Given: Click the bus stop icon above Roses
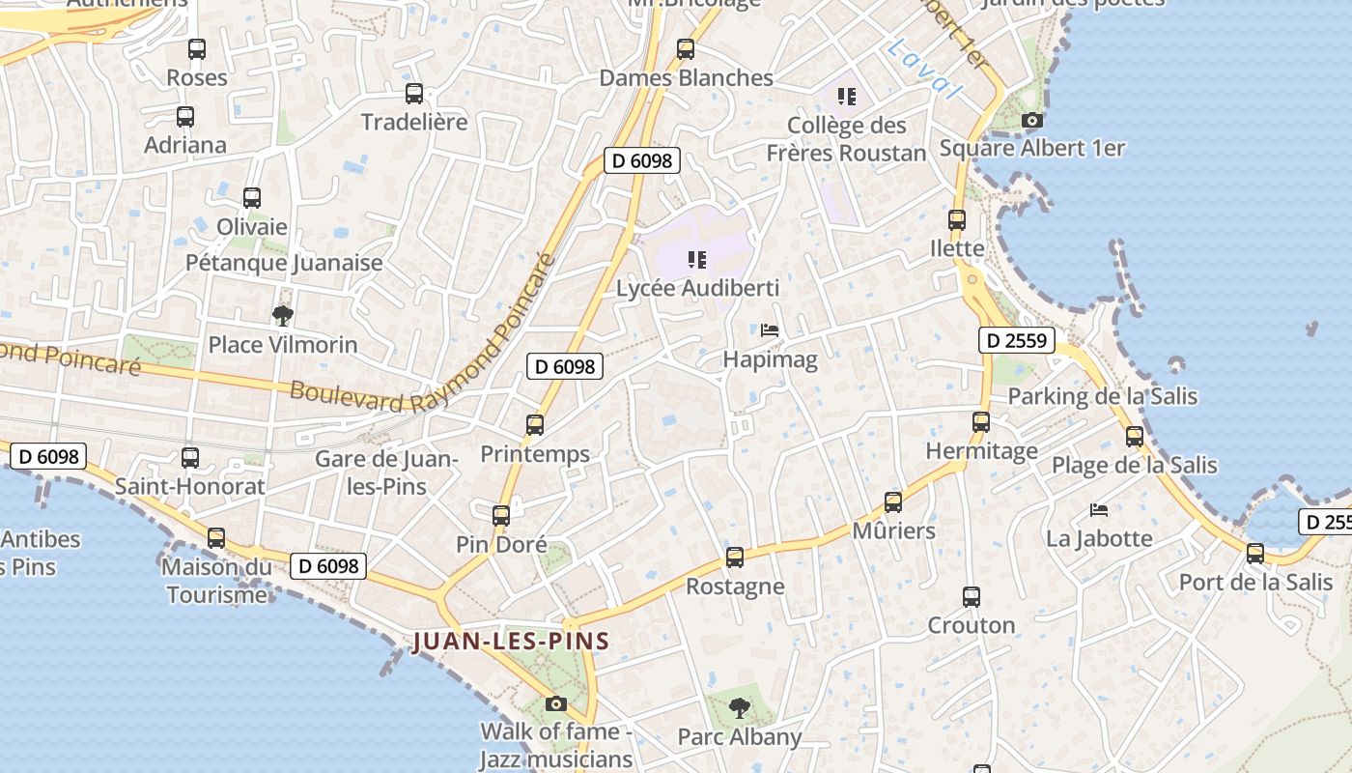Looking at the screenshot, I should pyautogui.click(x=197, y=48).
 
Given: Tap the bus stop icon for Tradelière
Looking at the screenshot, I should pyautogui.click(x=414, y=93).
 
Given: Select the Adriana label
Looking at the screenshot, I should pyautogui.click(x=185, y=145).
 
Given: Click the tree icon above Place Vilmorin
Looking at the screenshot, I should pyautogui.click(x=282, y=315).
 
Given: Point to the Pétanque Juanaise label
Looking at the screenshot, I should pyautogui.click(x=284, y=263).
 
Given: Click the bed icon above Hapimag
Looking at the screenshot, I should pyautogui.click(x=770, y=330).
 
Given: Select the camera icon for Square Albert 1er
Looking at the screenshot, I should pyautogui.click(x=1032, y=121).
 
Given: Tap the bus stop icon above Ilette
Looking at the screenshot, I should pyautogui.click(x=957, y=220).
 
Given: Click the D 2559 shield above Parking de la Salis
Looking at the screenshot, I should pyautogui.click(x=1016, y=340).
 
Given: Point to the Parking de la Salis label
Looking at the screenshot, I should pyautogui.click(x=1102, y=396).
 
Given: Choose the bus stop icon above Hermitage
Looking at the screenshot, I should pyautogui.click(x=981, y=422).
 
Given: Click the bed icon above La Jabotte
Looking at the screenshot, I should pyautogui.click(x=1099, y=509).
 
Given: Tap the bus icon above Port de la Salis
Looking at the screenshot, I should pyautogui.click(x=1255, y=554).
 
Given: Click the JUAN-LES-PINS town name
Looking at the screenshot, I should pyautogui.click(x=511, y=641).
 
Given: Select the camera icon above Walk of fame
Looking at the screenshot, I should pyautogui.click(x=555, y=703).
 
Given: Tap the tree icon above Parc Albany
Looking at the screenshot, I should pyautogui.click(x=740, y=708).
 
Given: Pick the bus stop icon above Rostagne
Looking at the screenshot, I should pyautogui.click(x=735, y=558).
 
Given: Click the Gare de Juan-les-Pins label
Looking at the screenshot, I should pyautogui.click(x=386, y=472).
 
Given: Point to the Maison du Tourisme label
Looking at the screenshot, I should pyautogui.click(x=217, y=580).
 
